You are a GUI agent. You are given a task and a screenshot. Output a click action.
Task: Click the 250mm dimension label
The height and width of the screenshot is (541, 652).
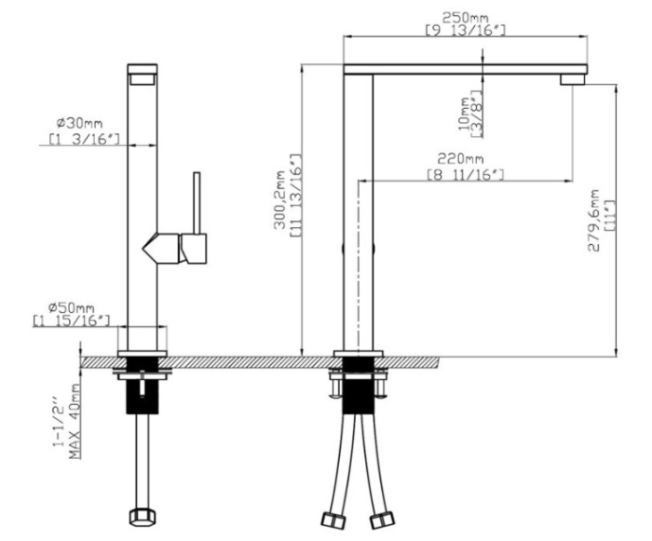tap(466, 18)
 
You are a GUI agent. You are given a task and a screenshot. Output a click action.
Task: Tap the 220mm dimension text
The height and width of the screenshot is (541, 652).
tap(460, 159)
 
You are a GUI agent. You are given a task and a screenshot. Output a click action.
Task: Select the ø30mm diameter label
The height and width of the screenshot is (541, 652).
tap(79, 123)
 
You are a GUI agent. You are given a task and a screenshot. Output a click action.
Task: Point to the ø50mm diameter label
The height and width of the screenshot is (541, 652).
tap(72, 308)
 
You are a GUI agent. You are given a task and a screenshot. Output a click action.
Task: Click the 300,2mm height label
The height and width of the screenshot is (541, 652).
tap(279, 199)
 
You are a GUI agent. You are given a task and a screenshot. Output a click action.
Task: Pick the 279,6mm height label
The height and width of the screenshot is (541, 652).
tap(594, 221)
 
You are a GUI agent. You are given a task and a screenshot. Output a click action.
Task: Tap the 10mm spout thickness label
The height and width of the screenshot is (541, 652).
tap(465, 113)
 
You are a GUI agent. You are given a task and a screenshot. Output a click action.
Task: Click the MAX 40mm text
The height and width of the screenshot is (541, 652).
tap(75, 421)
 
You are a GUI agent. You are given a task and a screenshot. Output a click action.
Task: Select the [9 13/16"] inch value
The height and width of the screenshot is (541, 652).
tap(466, 31)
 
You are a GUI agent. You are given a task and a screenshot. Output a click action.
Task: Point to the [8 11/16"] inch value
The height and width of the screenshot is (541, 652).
tap(466, 175)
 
